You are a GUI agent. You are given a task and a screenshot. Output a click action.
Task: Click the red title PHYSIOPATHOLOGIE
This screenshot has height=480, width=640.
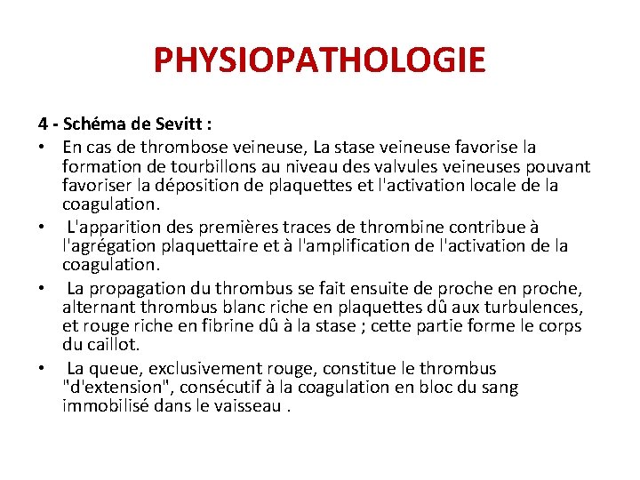(320, 60)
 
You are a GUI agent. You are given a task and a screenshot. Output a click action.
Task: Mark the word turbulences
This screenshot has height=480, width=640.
(535, 307)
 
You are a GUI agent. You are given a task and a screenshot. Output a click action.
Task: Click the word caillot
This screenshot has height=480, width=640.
(111, 344)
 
